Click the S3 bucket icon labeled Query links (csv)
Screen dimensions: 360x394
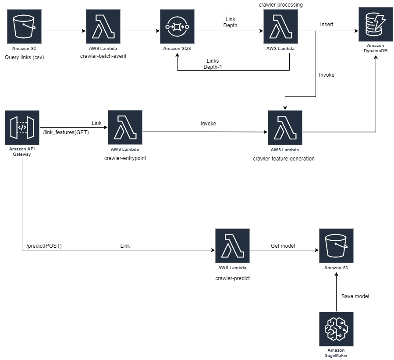click(24, 27)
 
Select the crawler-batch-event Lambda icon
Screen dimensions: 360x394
click(103, 27)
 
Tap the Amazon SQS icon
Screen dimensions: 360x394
click(177, 27)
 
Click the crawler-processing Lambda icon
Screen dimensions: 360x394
click(280, 27)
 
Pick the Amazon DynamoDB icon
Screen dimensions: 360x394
click(375, 25)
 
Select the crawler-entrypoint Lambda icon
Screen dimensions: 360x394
click(125, 128)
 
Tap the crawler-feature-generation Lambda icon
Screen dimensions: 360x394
click(284, 128)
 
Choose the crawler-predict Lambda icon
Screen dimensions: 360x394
click(232, 246)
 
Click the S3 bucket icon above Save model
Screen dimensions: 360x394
click(336, 246)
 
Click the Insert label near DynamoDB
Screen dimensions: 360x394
click(327, 25)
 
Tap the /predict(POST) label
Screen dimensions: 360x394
click(44, 246)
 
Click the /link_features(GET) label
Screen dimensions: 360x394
click(66, 132)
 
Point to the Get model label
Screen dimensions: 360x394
click(282, 246)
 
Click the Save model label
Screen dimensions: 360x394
click(355, 296)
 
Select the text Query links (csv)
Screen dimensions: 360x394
click(25, 57)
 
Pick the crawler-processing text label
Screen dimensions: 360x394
click(280, 4)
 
